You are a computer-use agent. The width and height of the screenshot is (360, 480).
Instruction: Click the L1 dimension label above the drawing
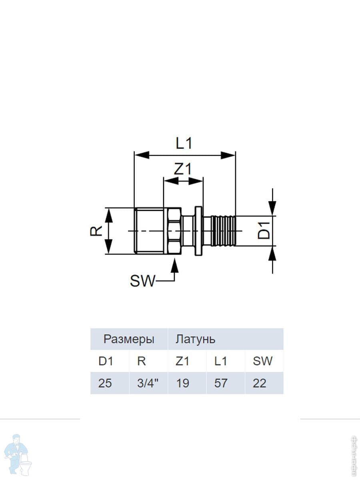(x=184, y=143)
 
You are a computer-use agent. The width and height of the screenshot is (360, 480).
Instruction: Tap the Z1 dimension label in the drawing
(x=183, y=169)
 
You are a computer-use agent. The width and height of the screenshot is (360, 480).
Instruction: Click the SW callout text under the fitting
(x=142, y=282)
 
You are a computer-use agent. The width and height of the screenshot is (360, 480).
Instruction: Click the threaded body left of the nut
(x=148, y=231)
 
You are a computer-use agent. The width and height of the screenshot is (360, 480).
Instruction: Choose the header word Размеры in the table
(x=129, y=340)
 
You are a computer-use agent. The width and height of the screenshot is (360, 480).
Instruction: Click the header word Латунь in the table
(x=195, y=340)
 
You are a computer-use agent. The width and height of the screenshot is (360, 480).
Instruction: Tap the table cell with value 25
(x=105, y=383)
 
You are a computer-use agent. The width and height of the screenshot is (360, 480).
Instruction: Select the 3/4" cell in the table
(x=148, y=383)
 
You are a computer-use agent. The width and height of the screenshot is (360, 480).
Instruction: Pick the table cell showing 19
(x=182, y=383)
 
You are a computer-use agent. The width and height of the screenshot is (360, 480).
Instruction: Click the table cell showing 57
(x=221, y=383)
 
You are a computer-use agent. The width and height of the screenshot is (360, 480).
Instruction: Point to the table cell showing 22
(x=260, y=383)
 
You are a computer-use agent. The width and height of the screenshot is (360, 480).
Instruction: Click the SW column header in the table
(x=262, y=361)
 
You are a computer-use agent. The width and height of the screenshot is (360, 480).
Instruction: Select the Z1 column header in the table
(x=182, y=361)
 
